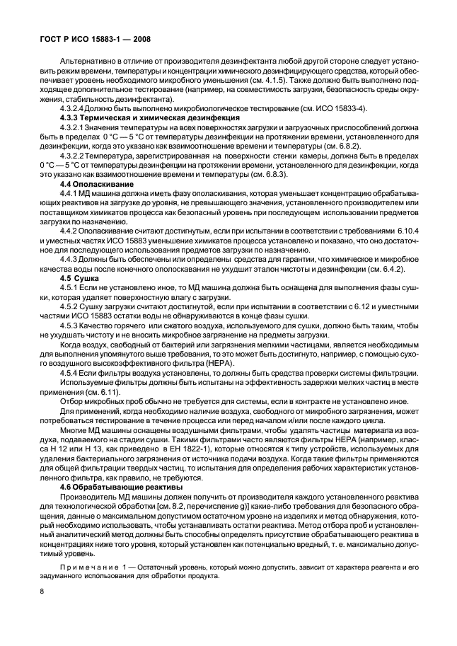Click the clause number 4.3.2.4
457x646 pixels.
tap(74, 108)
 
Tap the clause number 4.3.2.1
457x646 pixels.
tap(74, 127)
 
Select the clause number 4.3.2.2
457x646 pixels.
tap(74, 155)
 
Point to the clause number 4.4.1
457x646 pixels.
tap(69, 193)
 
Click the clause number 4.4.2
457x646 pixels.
tap(69, 231)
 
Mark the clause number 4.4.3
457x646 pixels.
tap(69, 259)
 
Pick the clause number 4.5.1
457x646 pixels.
tap(69, 287)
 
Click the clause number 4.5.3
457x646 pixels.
tap(69, 325)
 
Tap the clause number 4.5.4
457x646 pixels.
tap(69, 373)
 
